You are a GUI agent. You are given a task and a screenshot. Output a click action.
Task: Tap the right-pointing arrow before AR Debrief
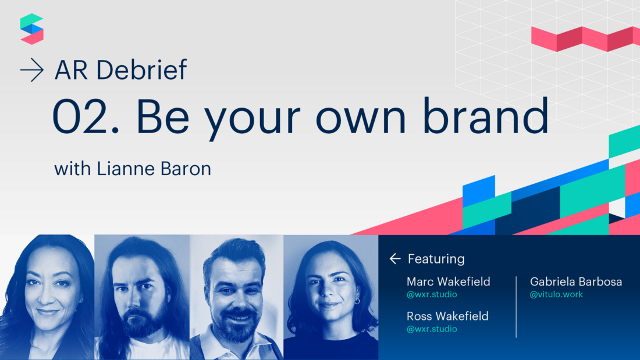pyautogui.click(x=31, y=71)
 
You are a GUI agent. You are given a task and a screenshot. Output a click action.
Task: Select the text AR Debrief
pyautogui.click(x=121, y=70)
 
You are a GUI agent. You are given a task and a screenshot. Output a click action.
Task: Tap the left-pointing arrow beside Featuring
pyautogui.click(x=395, y=259)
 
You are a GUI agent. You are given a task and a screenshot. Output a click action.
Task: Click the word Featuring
pyautogui.click(x=436, y=259)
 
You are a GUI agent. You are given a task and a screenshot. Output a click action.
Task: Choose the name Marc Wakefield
pyautogui.click(x=448, y=281)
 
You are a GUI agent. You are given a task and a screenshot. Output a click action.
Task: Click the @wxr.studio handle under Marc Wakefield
pyautogui.click(x=432, y=294)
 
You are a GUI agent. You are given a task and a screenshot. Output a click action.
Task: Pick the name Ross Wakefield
pyautogui.click(x=447, y=316)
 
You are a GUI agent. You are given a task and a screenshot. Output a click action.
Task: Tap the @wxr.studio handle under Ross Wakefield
pyautogui.click(x=432, y=329)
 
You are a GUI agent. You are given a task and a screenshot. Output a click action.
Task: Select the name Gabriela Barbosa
pyautogui.click(x=575, y=281)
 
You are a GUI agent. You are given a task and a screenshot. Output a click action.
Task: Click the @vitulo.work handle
pyautogui.click(x=556, y=294)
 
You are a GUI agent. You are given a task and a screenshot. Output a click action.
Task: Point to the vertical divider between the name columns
pyautogui.click(x=516, y=306)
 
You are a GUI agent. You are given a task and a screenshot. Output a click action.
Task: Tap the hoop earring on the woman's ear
pyautogui.click(x=357, y=301)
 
